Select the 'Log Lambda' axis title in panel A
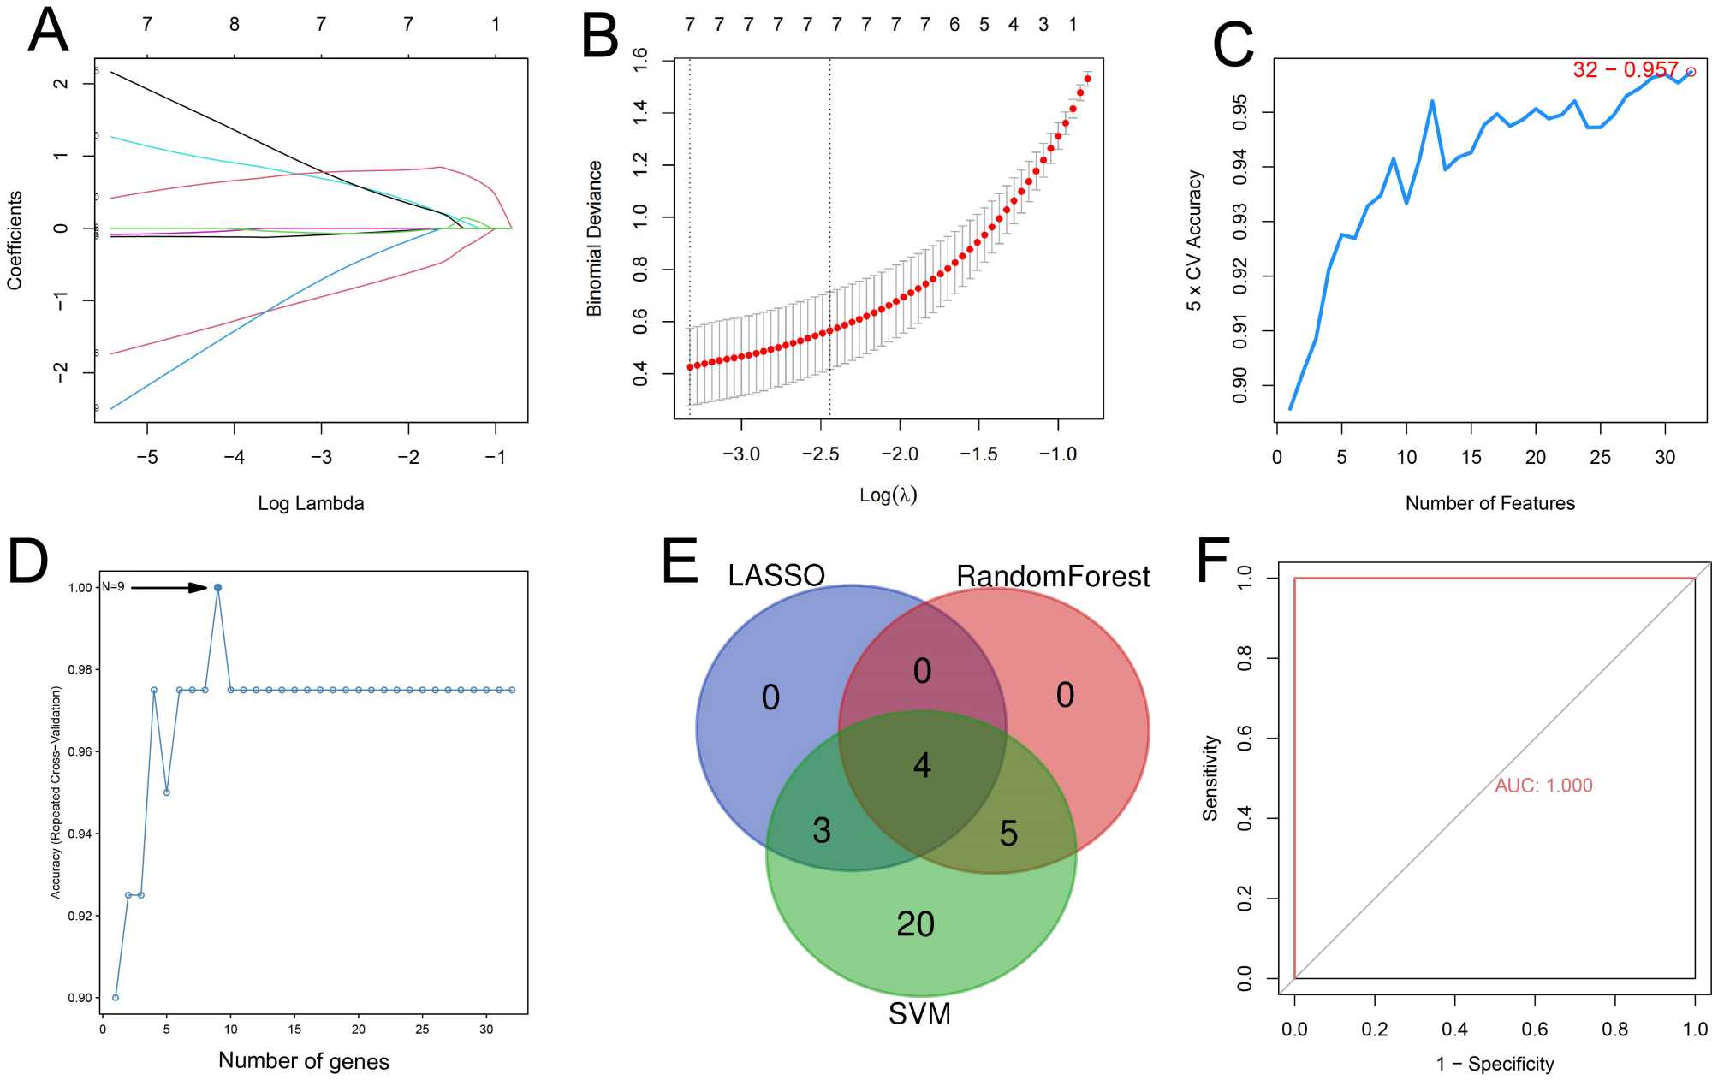311,503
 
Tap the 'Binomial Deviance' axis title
594,239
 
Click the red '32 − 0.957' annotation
1625,69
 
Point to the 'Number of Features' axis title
1489,503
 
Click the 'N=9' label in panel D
114,587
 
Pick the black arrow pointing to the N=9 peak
169,588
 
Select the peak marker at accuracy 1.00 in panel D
217,588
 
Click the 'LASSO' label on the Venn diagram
776,575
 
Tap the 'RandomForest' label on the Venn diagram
1052,576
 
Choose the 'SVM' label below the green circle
919,1014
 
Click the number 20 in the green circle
915,924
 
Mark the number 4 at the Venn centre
922,765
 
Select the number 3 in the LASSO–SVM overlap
822,830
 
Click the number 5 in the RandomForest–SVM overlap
1008,834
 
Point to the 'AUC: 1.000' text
1543,786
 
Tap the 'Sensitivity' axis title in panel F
1210,778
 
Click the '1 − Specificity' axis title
1495,1064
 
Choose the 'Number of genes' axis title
304,1061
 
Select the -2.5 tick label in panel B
820,454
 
